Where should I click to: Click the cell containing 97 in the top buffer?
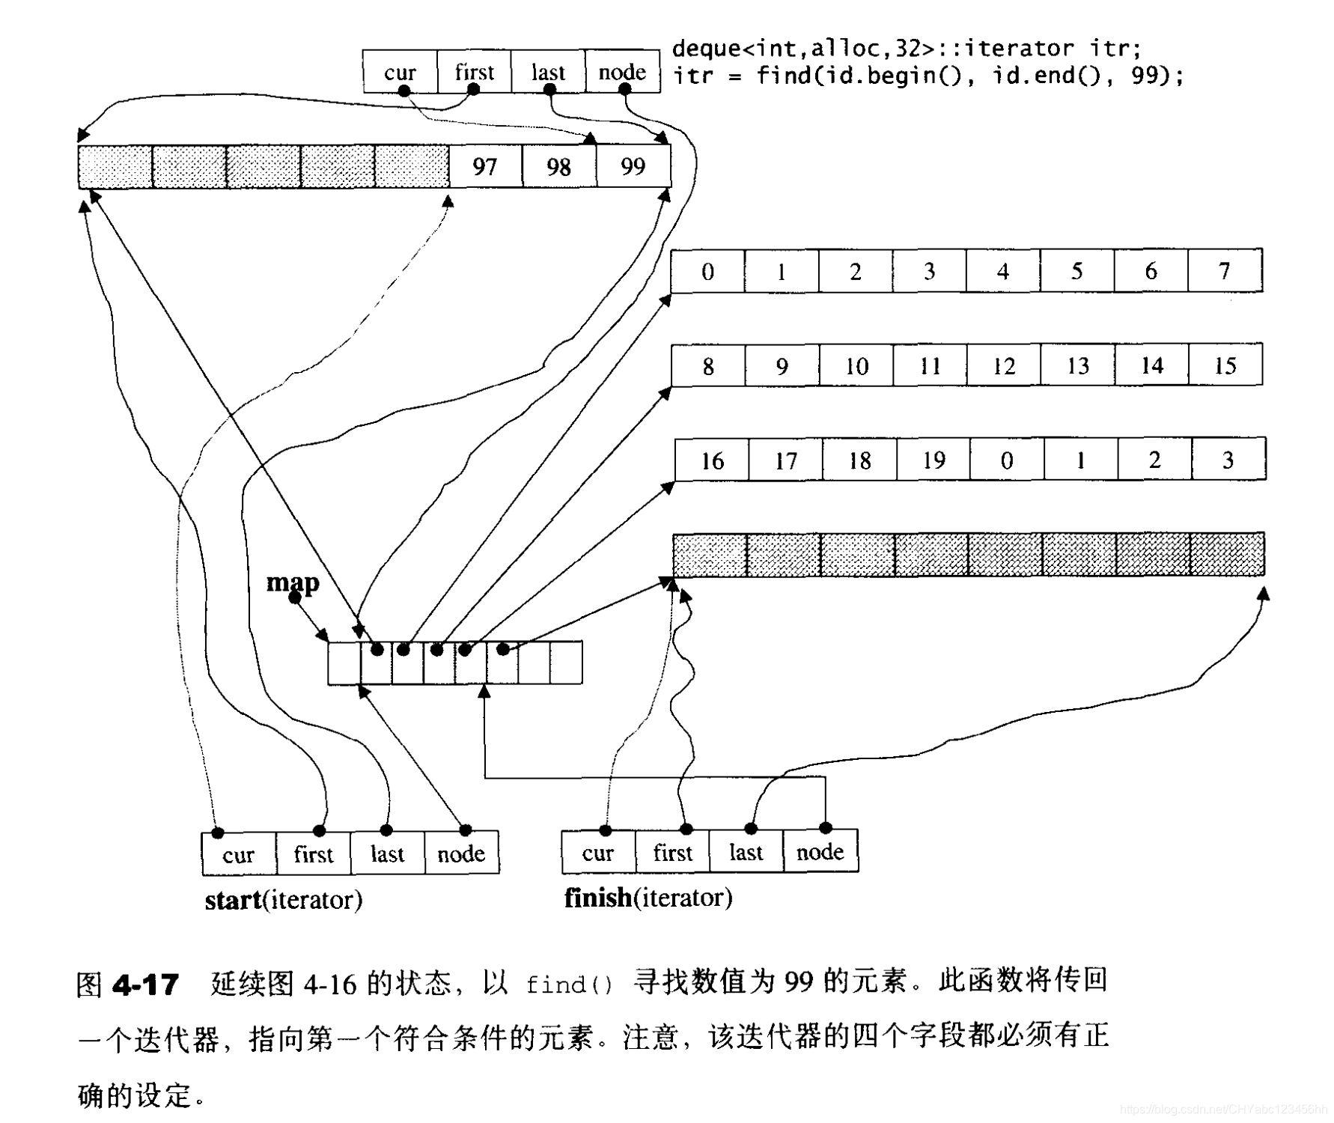click(x=485, y=166)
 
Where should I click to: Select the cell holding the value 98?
click(x=559, y=166)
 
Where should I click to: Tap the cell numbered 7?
click(x=1225, y=270)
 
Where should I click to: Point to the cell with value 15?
click(x=1225, y=365)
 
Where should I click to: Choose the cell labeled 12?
click(x=1004, y=365)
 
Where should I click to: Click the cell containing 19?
click(x=934, y=460)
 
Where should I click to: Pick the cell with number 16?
click(x=712, y=460)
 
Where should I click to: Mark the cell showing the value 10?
click(x=856, y=365)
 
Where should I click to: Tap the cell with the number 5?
click(x=1076, y=270)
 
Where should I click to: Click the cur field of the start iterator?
click(x=239, y=854)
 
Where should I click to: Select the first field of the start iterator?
click(x=313, y=854)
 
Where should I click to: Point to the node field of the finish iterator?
click(x=820, y=852)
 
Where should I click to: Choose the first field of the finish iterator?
click(x=672, y=852)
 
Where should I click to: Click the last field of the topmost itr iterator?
click(x=548, y=72)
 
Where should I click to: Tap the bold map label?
click(x=293, y=582)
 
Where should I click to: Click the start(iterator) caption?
click(x=284, y=899)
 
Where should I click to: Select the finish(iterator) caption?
click(x=648, y=897)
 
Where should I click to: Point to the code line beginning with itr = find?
click(x=928, y=76)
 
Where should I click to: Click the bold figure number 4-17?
click(x=146, y=984)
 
